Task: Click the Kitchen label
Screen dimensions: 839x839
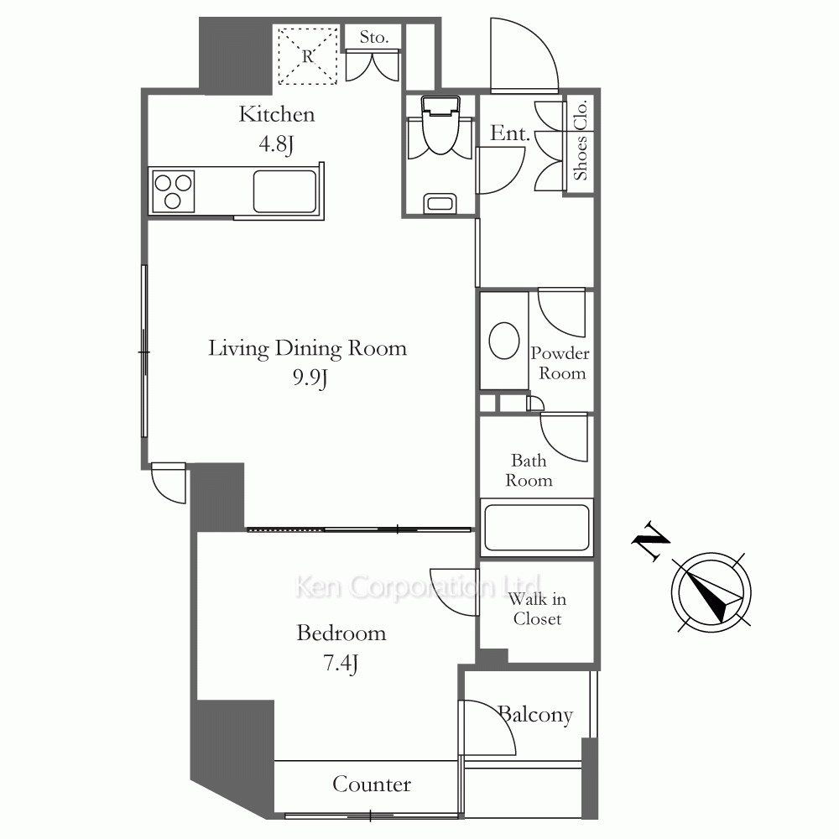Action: [x=277, y=114]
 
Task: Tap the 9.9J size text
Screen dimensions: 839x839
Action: [x=310, y=378]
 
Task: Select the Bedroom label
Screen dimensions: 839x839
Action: [x=341, y=633]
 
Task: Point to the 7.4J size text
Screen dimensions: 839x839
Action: [x=341, y=664]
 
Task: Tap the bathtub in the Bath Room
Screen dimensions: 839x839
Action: [x=537, y=528]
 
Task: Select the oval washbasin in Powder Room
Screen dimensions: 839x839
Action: [x=504, y=341]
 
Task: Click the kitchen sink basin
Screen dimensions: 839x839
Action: [x=284, y=191]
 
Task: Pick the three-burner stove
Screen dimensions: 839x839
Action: [x=173, y=191]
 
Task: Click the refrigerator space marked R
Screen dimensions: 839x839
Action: [x=308, y=55]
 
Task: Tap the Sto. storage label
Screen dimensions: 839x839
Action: [x=373, y=38]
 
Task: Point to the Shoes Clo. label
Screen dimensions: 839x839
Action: [x=581, y=140]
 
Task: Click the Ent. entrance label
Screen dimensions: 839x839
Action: [x=510, y=133]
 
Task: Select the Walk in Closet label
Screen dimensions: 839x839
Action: [x=537, y=609]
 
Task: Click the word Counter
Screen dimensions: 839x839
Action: [x=372, y=784]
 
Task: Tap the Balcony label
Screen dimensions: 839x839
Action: [x=535, y=715]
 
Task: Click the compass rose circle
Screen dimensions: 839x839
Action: [x=711, y=592]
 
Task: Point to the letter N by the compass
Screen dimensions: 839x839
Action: [x=651, y=539]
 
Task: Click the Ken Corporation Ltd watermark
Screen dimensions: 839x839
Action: [x=418, y=586]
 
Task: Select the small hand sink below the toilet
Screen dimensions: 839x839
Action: [x=440, y=203]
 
